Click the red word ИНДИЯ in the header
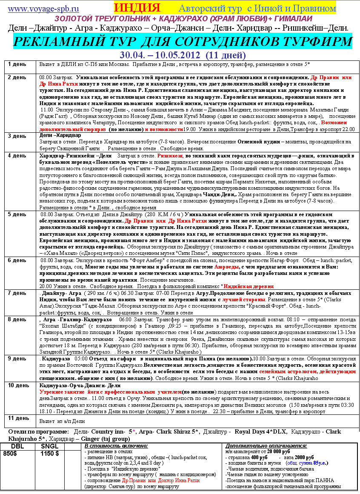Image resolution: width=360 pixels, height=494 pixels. coord(137,8)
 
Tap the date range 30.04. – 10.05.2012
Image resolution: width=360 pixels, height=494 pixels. coord(160,55)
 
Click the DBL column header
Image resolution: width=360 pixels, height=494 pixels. coord(17,446)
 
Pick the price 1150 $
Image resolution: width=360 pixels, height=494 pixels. coord(50,454)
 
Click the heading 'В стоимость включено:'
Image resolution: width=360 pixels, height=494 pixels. coord(116,446)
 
